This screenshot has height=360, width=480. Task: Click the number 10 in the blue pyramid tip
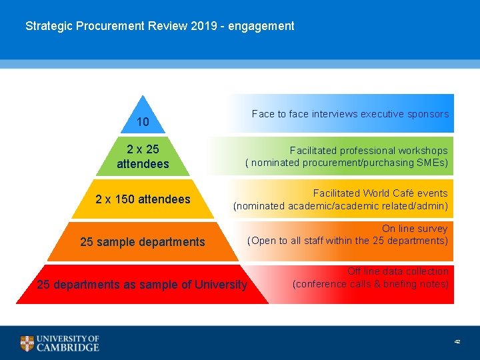click(x=143, y=123)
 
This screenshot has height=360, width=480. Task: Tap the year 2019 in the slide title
click(x=208, y=27)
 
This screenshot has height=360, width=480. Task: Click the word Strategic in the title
click(x=48, y=27)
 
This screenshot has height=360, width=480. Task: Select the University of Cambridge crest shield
click(x=27, y=343)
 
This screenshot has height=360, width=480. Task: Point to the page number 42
click(x=457, y=341)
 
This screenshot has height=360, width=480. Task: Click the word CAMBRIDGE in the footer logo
click(x=68, y=347)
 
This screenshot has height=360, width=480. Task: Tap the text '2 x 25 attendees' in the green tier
click(x=143, y=156)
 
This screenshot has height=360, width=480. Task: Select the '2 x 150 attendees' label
click(x=143, y=199)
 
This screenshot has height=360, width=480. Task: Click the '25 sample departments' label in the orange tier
click(x=143, y=242)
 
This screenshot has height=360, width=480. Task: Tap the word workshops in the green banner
click(x=423, y=151)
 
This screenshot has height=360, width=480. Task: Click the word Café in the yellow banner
click(x=402, y=193)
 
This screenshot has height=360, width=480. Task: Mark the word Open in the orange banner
click(x=264, y=241)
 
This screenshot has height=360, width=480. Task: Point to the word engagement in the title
click(x=261, y=27)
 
